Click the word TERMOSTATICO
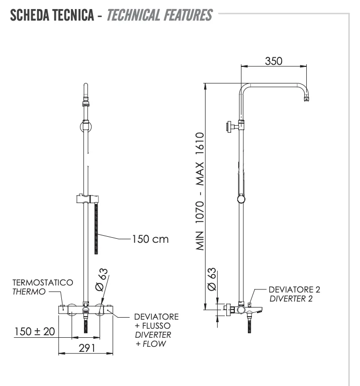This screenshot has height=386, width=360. (x=42, y=284)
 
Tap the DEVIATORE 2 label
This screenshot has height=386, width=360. (x=295, y=289)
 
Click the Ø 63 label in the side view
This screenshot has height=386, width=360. (x=212, y=279)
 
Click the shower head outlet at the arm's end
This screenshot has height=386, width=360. (x=306, y=100)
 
